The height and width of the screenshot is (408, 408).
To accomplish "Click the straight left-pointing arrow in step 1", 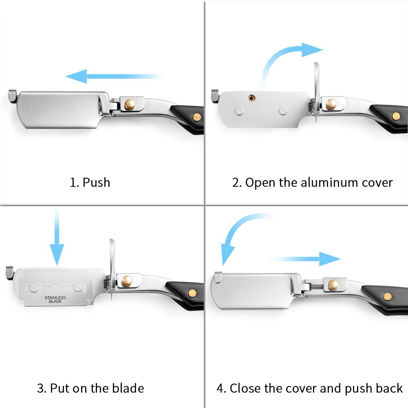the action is pos(115,76).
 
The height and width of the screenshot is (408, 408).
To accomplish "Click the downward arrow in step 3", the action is pos(57,237).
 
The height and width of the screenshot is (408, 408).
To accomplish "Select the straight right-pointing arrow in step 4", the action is pos(306,259).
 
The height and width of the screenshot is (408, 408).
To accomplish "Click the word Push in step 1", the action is pos(96,183).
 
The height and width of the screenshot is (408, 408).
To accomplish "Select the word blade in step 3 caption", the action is pos(128,388).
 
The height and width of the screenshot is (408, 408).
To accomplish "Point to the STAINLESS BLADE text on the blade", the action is pos(55,300).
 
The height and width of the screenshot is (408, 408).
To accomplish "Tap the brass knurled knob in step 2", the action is pos(331,104).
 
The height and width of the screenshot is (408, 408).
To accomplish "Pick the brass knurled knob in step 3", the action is pos(127,281).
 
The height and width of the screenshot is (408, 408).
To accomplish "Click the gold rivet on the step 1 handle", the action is pos(197,117).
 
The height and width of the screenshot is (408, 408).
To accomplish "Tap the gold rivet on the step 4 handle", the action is pos(388,296).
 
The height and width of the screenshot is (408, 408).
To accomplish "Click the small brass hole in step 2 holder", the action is pos(251,98).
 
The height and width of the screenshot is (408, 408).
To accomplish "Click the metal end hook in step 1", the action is pos(13,95).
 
